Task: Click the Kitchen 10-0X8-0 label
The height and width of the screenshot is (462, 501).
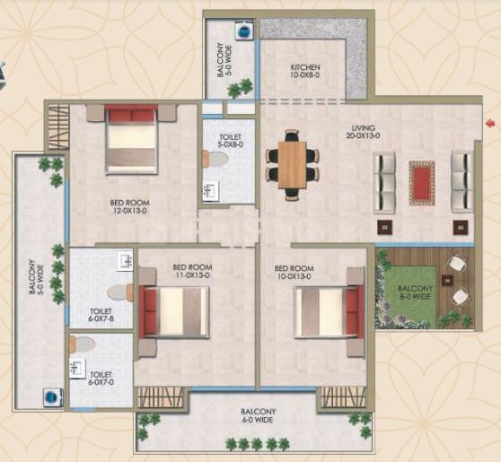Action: tap(305, 71)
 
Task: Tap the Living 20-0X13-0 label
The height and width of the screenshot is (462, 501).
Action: tap(364, 132)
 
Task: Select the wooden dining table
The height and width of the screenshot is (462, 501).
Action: tap(292, 165)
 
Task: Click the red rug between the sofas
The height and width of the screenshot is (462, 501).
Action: tap(422, 183)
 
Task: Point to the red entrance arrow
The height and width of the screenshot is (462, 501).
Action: tap(489, 123)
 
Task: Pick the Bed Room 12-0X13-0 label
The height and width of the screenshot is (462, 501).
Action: tap(129, 206)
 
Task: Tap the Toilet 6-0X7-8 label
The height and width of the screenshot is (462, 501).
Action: tap(101, 315)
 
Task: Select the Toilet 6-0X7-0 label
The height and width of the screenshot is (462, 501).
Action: tap(101, 378)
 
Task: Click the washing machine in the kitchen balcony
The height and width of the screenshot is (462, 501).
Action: tap(244, 31)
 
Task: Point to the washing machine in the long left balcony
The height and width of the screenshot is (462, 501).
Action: tap(51, 397)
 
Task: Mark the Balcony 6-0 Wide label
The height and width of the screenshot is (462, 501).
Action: tap(259, 415)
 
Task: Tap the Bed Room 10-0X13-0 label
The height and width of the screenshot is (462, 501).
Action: tap(294, 273)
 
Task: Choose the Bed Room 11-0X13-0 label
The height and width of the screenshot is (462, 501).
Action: tap(192, 271)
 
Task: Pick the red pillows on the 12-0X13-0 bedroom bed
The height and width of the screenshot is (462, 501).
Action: tap(132, 115)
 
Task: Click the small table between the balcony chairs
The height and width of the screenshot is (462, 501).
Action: tap(447, 281)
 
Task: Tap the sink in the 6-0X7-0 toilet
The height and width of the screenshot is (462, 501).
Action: tap(77, 369)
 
